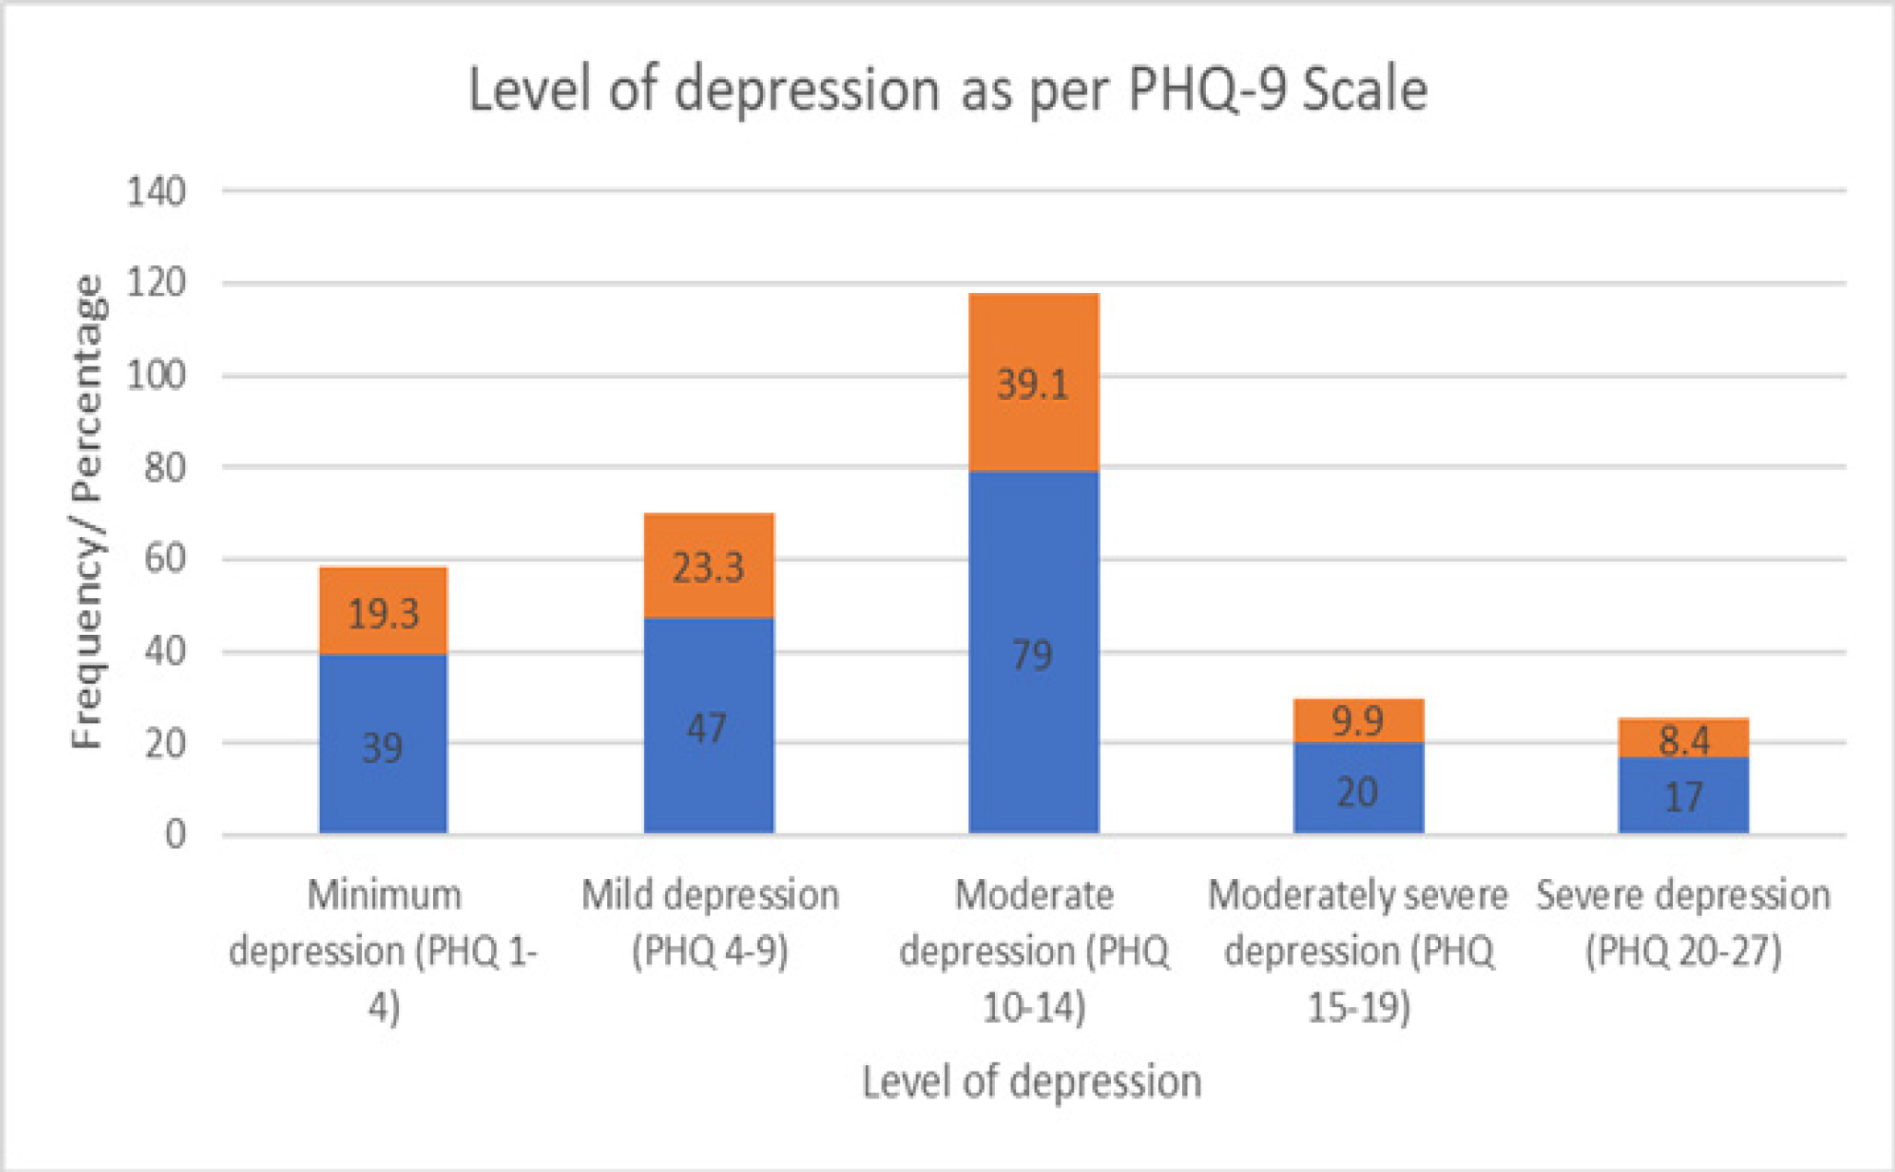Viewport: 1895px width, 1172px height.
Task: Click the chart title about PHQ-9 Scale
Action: coord(947,90)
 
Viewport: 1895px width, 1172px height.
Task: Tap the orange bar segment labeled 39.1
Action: coord(1033,382)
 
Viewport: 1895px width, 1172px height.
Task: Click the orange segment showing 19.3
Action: coord(382,611)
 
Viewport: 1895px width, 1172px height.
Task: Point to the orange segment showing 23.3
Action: coord(708,565)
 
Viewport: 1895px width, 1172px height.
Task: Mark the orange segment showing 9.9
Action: coord(1358,721)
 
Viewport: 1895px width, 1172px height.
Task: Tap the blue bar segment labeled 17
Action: coord(1683,795)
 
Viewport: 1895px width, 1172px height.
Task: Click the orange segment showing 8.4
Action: coord(1683,738)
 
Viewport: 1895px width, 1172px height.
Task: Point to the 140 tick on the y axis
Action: coord(156,192)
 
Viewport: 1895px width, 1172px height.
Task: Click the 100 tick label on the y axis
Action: coord(156,375)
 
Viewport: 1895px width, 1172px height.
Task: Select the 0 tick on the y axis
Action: coord(175,834)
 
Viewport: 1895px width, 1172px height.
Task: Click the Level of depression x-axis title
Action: coord(1032,1081)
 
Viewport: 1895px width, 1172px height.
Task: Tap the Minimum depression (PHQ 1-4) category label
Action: coord(383,949)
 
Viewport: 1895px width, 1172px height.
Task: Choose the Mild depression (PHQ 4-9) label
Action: coord(709,921)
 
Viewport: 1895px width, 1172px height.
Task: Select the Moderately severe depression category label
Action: coord(1358,949)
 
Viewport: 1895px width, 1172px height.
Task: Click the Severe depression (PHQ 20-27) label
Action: coord(1683,921)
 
